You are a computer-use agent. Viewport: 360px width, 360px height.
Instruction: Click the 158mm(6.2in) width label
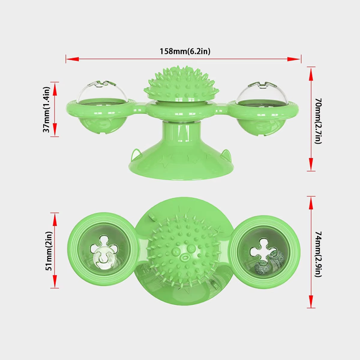tap(185, 51)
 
